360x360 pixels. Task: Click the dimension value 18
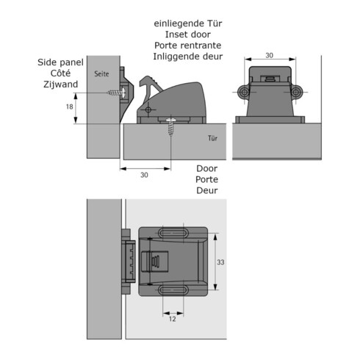[70, 107]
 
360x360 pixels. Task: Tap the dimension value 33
[220, 262]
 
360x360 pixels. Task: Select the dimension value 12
[173, 319]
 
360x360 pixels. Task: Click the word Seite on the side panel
[101, 73]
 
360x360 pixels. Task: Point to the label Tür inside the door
[212, 138]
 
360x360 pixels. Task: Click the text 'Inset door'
[188, 35]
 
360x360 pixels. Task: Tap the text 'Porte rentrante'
[188, 46]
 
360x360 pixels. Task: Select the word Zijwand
[61, 84]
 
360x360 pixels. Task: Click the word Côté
[60, 73]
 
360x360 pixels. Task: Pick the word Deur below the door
[207, 190]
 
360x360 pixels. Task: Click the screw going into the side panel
[117, 93]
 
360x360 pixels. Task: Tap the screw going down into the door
[171, 127]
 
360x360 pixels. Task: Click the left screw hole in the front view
[245, 93]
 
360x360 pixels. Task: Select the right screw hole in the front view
[296, 93]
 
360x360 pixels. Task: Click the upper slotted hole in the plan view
[173, 233]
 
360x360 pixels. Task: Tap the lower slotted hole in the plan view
[173, 290]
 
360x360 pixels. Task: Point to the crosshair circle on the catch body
[148, 109]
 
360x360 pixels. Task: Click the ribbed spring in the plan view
[156, 262]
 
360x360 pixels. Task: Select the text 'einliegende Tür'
[188, 24]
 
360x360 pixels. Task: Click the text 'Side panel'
[60, 62]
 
